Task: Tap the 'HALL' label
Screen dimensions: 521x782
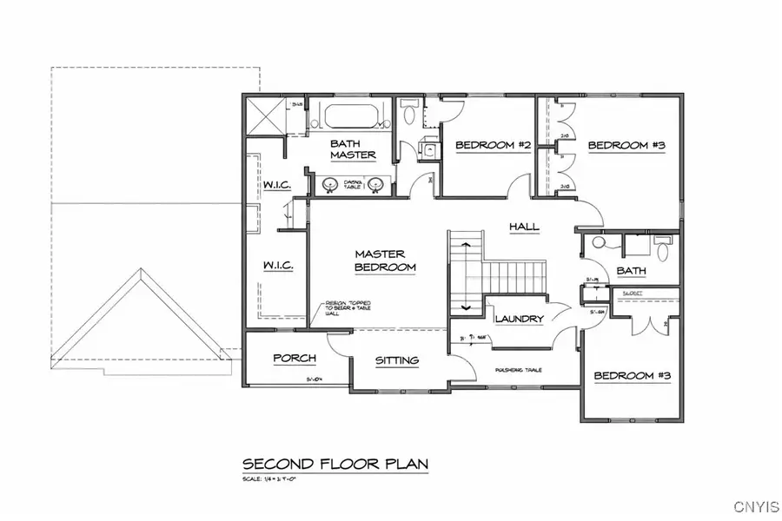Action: (x=524, y=227)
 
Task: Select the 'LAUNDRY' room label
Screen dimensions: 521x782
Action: (x=520, y=319)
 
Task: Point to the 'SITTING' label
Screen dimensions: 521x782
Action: (x=397, y=359)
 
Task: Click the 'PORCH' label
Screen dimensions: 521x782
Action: (x=294, y=358)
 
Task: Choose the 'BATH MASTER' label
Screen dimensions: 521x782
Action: (x=353, y=148)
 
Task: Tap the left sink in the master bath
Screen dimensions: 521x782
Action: (x=330, y=184)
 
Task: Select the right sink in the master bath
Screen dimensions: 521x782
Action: (x=376, y=184)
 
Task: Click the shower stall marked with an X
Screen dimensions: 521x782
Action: (x=265, y=115)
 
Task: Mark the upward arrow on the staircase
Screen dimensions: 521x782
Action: (x=467, y=246)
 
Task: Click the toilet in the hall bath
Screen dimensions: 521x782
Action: (x=663, y=250)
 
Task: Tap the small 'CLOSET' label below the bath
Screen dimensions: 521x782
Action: (x=632, y=293)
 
